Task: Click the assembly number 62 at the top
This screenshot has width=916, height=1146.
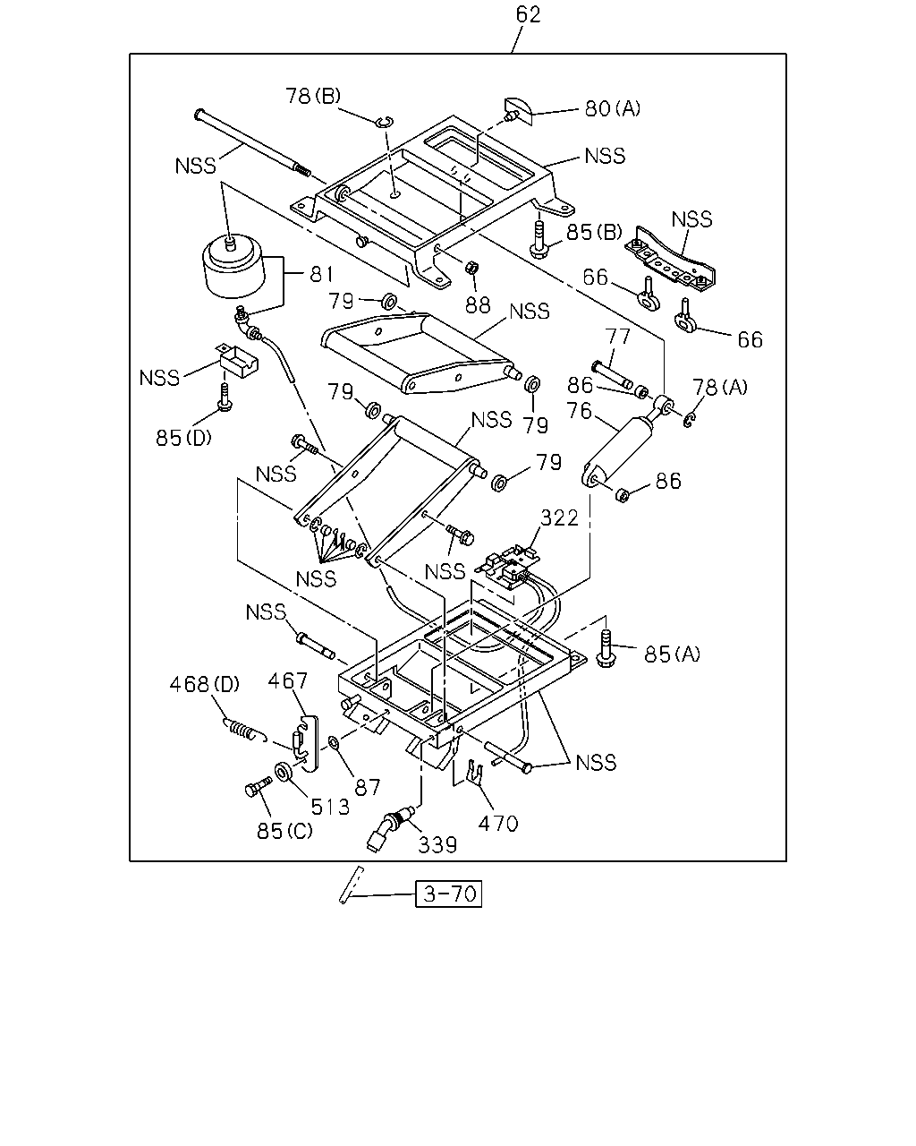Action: pyautogui.click(x=528, y=14)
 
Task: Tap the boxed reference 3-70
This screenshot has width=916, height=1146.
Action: pyautogui.click(x=448, y=894)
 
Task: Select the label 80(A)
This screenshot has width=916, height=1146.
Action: pyautogui.click(x=612, y=108)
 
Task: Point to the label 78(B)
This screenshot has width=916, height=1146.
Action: pyautogui.click(x=313, y=96)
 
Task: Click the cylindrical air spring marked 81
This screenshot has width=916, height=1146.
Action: pyautogui.click(x=233, y=269)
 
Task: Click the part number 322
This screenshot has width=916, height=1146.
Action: pyautogui.click(x=559, y=517)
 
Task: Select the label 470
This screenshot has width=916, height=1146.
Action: pyautogui.click(x=498, y=824)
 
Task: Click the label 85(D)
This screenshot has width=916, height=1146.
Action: pyautogui.click(x=183, y=438)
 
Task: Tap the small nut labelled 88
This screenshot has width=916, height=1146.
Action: pyautogui.click(x=471, y=268)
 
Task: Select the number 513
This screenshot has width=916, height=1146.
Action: pyautogui.click(x=330, y=808)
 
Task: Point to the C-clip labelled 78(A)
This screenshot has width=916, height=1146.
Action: pyautogui.click(x=690, y=420)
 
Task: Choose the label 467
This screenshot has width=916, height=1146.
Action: pyautogui.click(x=287, y=680)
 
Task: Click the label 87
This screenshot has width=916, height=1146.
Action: pyautogui.click(x=368, y=787)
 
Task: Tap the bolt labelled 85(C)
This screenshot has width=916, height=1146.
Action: pyautogui.click(x=259, y=787)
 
